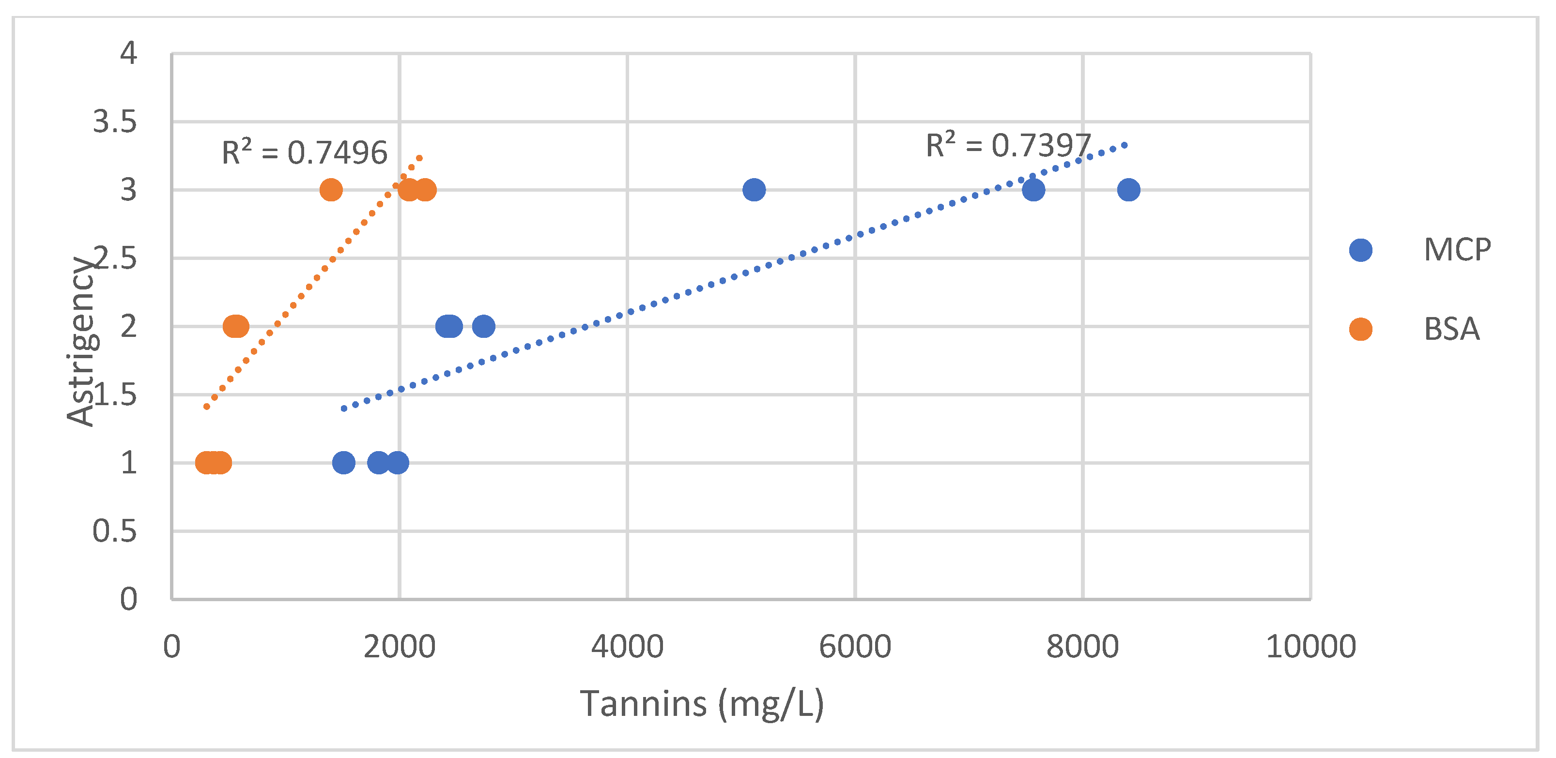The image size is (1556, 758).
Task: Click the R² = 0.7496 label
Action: pyautogui.click(x=305, y=152)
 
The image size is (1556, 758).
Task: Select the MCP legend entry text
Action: pyautogui.click(x=1456, y=250)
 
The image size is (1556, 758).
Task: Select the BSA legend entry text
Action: pyautogui.click(x=1451, y=329)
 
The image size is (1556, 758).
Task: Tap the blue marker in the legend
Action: pyautogui.click(x=1360, y=250)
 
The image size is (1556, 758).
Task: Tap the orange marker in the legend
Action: pyautogui.click(x=1360, y=329)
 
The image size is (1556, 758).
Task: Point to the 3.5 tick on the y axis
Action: pyautogui.click(x=115, y=122)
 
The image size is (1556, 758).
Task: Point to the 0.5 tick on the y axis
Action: pyautogui.click(x=115, y=531)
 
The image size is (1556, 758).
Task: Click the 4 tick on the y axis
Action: pyautogui.click(x=128, y=53)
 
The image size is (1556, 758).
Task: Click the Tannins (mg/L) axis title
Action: pyautogui.click(x=701, y=704)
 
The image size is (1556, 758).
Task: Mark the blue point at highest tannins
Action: pyautogui.click(x=1128, y=190)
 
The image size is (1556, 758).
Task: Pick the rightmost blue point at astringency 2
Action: pyautogui.click(x=483, y=327)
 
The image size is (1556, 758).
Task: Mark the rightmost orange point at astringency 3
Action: pyautogui.click(x=425, y=190)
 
